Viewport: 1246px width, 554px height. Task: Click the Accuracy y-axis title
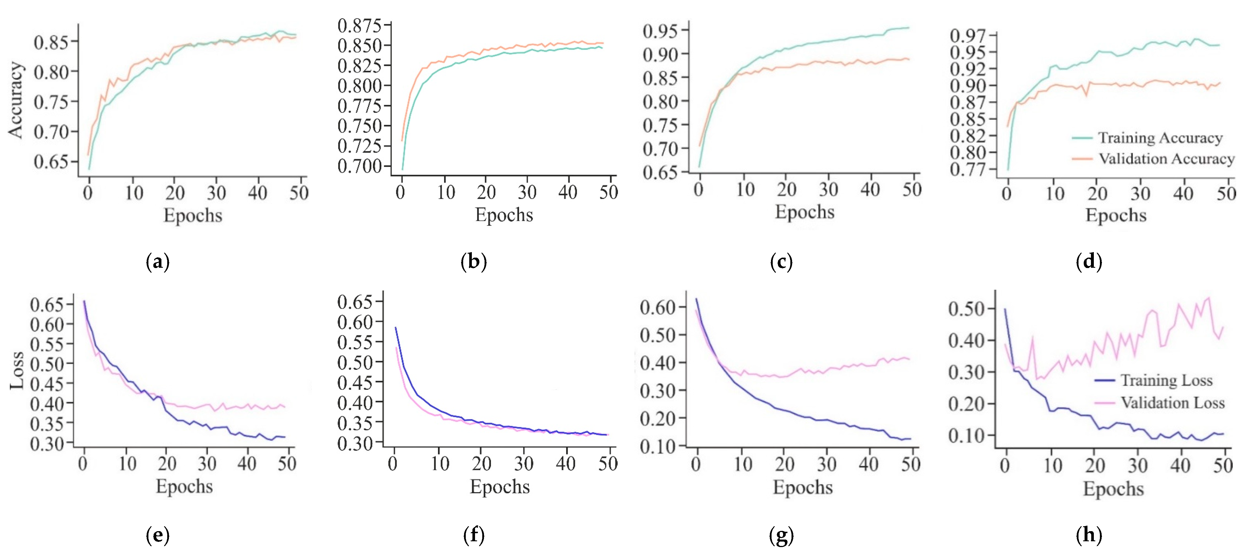(16, 99)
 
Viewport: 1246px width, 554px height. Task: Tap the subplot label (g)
(781, 535)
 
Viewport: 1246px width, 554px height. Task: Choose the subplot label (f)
(474, 535)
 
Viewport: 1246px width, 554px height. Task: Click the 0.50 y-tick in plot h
(965, 309)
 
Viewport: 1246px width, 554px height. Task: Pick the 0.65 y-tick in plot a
(51, 161)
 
